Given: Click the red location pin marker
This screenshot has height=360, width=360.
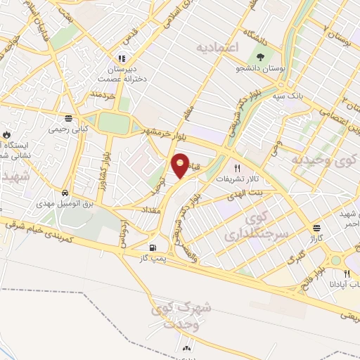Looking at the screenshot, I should coord(181,165).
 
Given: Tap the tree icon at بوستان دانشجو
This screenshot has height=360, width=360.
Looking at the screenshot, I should coord(260,58).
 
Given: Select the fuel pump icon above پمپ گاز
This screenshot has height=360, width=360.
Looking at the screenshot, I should coord(153,247).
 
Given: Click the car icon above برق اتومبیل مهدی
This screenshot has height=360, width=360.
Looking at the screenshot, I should coord(65,192).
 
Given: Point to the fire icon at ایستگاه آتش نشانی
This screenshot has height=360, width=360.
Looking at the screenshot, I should coord(6,134).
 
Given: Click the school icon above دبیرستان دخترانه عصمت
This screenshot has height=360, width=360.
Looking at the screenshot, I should coord(122,59).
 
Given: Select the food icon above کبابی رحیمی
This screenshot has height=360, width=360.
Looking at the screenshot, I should coord(67,118).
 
